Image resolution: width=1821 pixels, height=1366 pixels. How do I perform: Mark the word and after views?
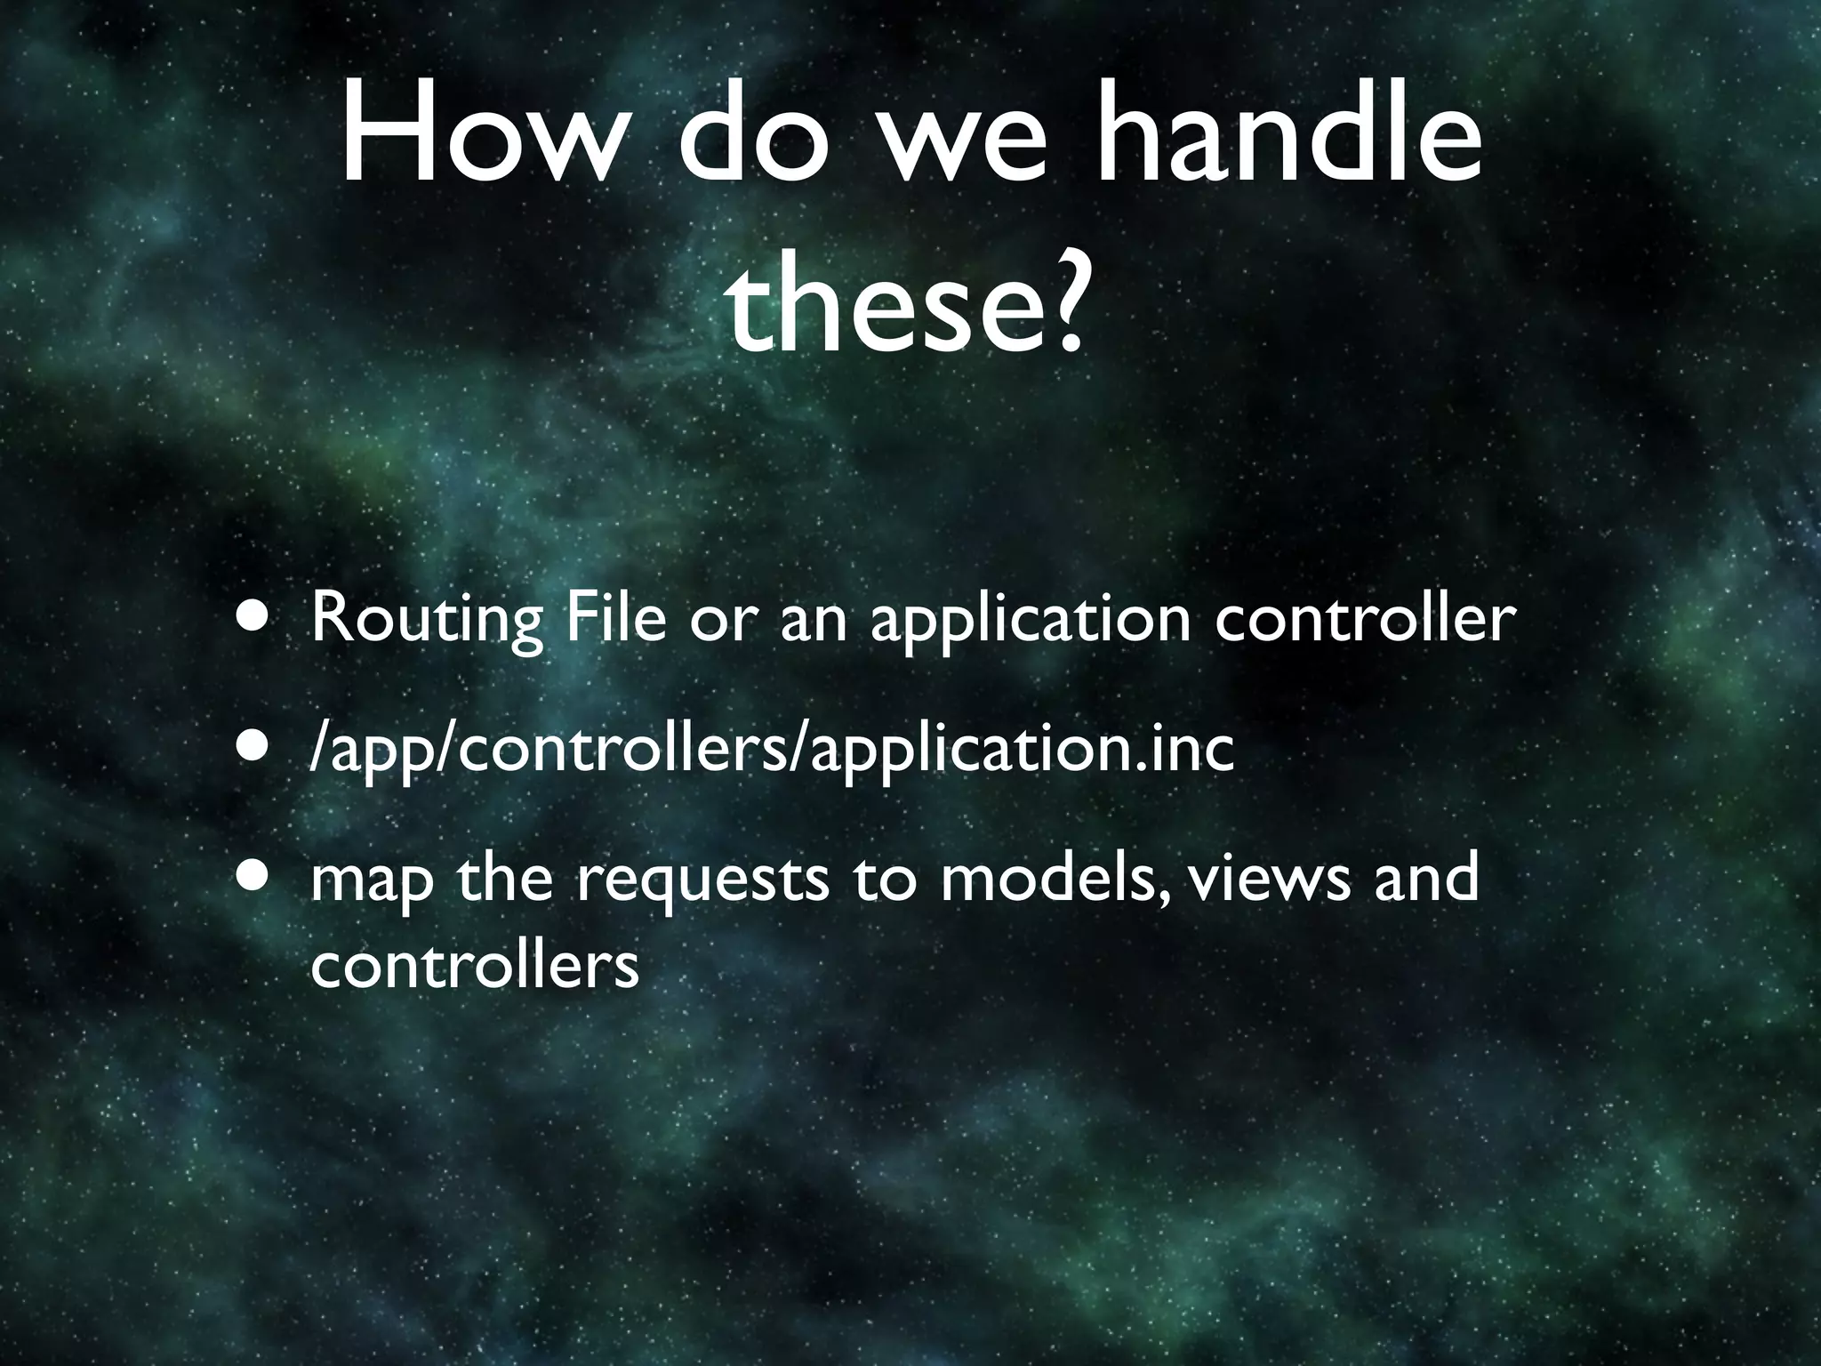tap(1427, 876)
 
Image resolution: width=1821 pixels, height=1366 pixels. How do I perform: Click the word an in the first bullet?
tap(814, 621)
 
